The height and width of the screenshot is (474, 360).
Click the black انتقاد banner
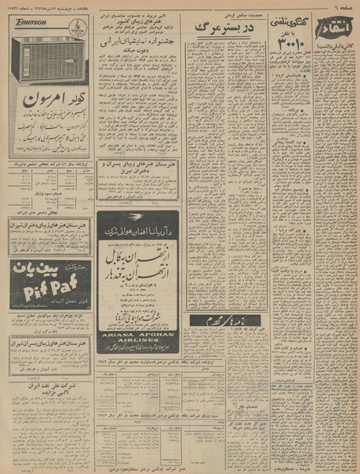pos(336,22)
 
